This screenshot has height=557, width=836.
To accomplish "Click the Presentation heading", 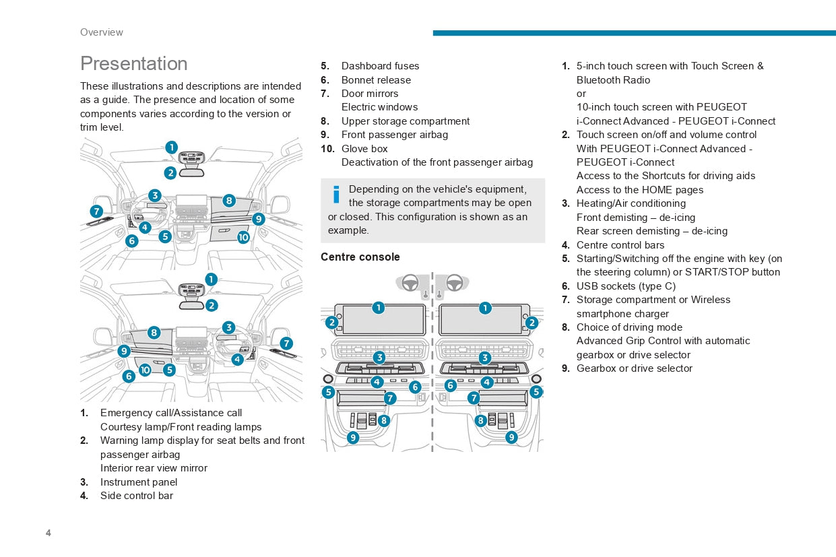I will (133, 63).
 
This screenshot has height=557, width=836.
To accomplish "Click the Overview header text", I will (101, 32).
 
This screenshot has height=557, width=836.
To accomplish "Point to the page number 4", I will (49, 533).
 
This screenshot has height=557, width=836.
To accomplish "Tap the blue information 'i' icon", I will (336, 194).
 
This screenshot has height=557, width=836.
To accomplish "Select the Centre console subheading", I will (360, 257).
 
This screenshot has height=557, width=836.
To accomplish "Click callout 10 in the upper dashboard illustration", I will (243, 237).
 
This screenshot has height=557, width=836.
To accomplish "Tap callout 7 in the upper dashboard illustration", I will (96, 211).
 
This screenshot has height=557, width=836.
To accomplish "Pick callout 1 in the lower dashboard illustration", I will (211, 279).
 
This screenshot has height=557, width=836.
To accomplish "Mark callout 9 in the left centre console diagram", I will (353, 437).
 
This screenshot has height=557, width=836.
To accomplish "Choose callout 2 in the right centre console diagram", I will (532, 323).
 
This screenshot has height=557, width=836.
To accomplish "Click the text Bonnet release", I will (376, 79).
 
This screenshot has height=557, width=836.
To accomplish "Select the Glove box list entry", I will (364, 148).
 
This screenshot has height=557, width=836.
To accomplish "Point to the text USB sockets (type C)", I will (626, 286).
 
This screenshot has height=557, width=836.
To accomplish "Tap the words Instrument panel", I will (139, 482).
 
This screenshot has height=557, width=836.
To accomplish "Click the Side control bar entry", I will (137, 495).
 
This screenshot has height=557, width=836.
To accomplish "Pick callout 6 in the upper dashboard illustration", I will (131, 240).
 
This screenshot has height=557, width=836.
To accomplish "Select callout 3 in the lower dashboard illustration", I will (228, 327).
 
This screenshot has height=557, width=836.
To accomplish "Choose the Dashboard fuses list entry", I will (380, 66).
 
